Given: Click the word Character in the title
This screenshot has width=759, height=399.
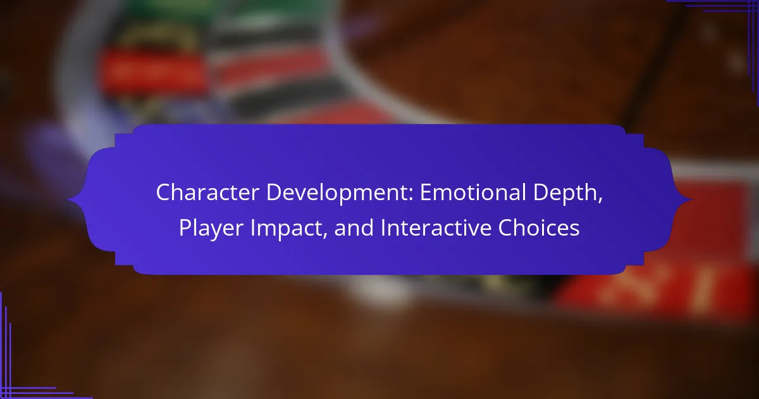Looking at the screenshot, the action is pos(207,193).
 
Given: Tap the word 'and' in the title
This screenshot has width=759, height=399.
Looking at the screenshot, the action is pos(354,227).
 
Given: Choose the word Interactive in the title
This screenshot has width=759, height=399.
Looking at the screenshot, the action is pos(436,227).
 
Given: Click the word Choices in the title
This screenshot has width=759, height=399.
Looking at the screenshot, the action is pos(539,227).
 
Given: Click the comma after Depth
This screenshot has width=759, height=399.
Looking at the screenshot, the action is pos(600,201).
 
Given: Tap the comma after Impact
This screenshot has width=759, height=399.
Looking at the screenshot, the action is pos(325,236).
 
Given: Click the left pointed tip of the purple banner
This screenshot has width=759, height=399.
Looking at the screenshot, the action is pos(68,200).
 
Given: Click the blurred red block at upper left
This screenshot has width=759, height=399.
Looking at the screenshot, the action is pos(153,72).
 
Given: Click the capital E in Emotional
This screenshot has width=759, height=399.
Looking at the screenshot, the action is pos(426,193).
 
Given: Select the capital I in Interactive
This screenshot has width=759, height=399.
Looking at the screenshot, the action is pos(383,227).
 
